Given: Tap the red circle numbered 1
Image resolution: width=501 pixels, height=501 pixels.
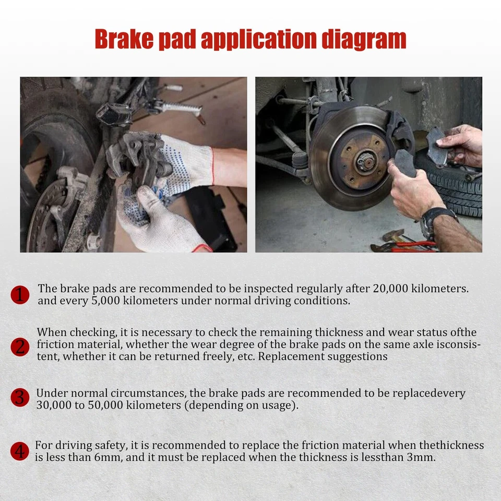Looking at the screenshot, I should point(20,295).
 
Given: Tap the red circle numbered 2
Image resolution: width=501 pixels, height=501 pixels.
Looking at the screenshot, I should point(20,347).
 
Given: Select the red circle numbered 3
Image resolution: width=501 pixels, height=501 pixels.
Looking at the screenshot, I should point(20,398).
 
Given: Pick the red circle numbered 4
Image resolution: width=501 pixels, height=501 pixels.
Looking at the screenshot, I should point(20,451).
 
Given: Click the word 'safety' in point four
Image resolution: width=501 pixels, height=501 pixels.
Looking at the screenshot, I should point(108,445).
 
